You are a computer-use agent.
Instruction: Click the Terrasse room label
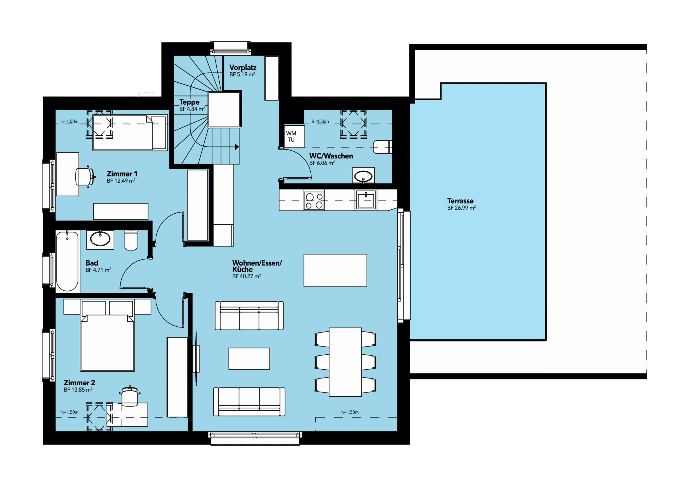click(460, 201)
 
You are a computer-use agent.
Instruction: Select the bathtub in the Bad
click(67, 261)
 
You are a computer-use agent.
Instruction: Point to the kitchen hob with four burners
click(314, 201)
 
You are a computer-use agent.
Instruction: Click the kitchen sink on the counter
click(366, 200)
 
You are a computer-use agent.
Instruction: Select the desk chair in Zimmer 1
click(85, 177)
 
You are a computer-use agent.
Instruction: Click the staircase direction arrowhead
click(237, 147)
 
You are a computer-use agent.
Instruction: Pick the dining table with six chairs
click(345, 362)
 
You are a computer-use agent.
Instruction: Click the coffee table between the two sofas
click(249, 359)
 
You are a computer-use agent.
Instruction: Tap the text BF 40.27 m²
click(246, 276)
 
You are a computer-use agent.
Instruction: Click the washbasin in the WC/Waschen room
click(363, 175)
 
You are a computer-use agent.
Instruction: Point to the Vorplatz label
click(243, 68)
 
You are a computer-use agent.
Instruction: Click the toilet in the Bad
click(131, 240)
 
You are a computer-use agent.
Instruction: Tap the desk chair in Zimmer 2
click(130, 396)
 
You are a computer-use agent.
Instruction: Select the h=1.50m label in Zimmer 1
click(70, 122)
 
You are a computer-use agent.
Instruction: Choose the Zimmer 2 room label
click(79, 383)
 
